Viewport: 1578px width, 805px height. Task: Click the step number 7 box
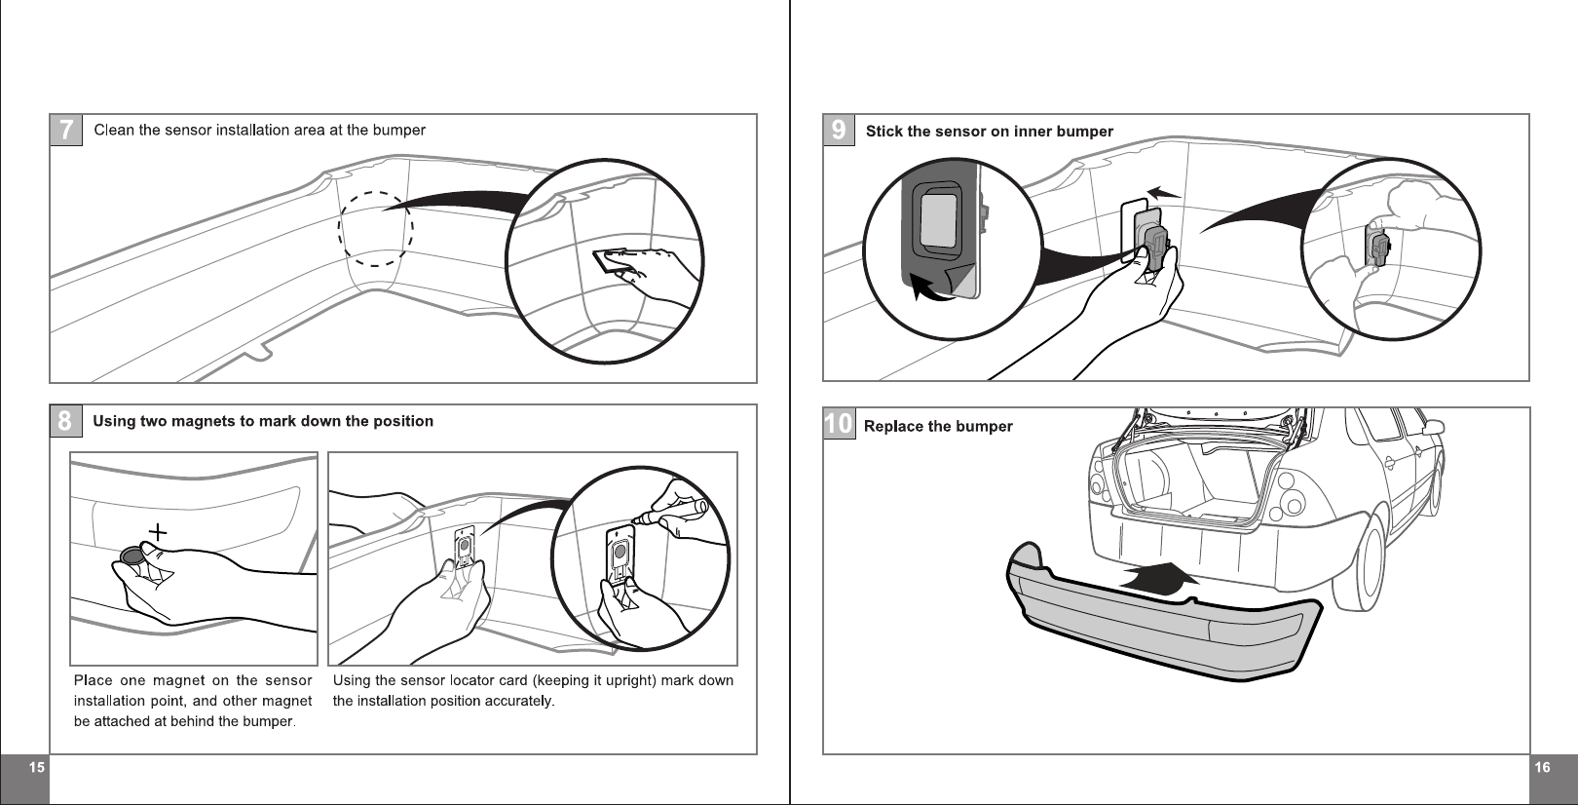coord(66,130)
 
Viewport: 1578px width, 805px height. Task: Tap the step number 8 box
coord(65,421)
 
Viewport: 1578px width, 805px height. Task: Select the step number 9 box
coord(839,130)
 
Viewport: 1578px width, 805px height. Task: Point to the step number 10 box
coord(839,424)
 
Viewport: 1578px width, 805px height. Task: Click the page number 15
coord(36,768)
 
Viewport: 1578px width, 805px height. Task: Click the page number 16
coord(1542,768)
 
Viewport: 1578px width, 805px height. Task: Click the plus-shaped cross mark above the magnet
coord(157,532)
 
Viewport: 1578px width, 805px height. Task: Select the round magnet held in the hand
coord(131,556)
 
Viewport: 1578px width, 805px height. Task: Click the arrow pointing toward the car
coord(1160,577)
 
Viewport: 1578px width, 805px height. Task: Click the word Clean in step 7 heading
coord(114,130)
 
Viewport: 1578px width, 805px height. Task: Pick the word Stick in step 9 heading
coord(884,132)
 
